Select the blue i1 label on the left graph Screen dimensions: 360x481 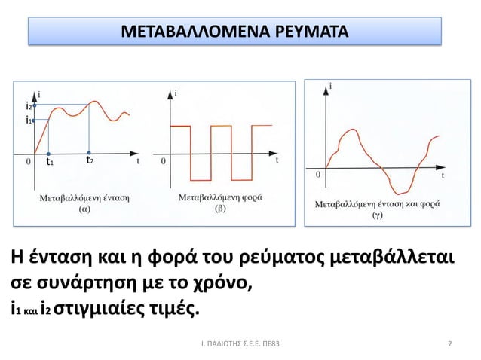(x=29, y=120)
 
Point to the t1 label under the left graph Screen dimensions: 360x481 (x=50, y=162)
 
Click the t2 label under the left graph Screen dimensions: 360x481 (x=89, y=160)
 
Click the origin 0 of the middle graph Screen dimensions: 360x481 (x=164, y=160)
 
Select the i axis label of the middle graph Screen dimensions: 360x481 (x=176, y=93)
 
